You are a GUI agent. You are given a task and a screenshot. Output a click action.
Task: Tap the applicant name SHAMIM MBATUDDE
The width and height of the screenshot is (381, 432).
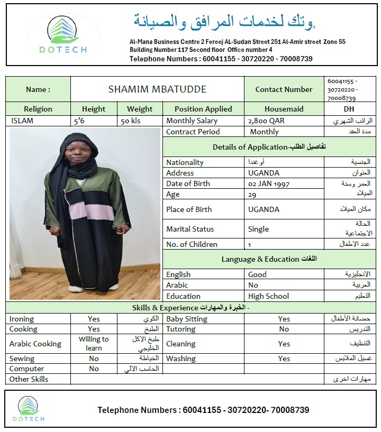157,89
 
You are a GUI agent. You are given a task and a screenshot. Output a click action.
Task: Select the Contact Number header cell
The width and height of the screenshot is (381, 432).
284,89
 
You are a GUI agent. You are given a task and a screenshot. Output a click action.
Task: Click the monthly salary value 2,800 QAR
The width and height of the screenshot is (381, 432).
266,121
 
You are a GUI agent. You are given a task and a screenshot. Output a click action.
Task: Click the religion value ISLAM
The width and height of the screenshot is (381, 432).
22,121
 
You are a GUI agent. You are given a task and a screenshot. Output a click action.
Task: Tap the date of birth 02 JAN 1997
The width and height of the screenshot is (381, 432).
269,183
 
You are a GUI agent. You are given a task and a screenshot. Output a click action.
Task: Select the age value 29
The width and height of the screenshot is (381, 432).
253,194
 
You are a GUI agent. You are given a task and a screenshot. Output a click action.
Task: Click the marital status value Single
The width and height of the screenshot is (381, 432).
258,229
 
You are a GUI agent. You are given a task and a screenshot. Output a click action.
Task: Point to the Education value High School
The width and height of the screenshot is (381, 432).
268,296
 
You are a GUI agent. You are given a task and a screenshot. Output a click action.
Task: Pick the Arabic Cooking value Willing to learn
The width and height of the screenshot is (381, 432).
94,344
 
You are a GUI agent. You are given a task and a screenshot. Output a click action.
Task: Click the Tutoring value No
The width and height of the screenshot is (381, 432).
284,329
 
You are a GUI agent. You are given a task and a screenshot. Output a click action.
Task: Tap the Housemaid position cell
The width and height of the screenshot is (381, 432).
284,109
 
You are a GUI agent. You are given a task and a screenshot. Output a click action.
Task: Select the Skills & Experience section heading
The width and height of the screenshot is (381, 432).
190,307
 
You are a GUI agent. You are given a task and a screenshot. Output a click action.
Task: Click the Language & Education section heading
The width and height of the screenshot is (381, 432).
269,259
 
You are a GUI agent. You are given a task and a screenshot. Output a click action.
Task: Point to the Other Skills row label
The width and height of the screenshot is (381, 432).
29,379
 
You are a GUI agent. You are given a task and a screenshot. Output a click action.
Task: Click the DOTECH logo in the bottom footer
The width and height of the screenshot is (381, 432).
35,409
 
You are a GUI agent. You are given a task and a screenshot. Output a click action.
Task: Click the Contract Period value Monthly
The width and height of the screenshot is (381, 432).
264,132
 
